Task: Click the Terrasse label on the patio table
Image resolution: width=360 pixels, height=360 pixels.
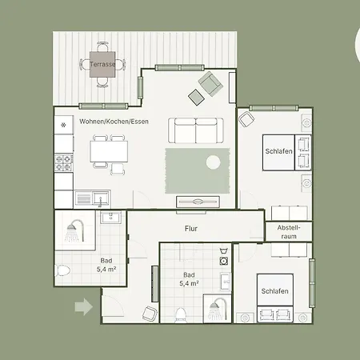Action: point(102,64)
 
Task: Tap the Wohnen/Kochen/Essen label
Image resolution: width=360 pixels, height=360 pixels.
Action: point(114,122)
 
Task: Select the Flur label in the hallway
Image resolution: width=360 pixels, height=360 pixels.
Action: point(191,229)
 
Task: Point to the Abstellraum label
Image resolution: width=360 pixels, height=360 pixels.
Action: point(289,232)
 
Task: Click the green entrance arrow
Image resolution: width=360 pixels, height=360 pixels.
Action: point(84,306)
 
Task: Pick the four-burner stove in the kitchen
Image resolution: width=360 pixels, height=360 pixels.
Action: point(64,163)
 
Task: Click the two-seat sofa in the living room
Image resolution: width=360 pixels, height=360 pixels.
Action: point(196,130)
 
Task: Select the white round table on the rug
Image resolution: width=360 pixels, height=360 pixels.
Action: point(214,162)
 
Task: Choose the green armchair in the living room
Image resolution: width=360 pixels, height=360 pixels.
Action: point(211,83)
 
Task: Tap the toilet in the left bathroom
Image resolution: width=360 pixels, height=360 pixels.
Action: point(62,270)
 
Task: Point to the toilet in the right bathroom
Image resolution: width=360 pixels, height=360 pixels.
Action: point(181,315)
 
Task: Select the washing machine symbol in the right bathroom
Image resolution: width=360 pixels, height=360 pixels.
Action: point(223,261)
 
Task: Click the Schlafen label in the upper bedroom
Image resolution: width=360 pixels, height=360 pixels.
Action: point(278,151)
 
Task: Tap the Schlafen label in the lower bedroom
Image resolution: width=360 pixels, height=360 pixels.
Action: point(274,291)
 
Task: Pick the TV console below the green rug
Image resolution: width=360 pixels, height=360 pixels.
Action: point(198,202)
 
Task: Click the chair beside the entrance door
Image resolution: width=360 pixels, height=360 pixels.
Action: point(150,314)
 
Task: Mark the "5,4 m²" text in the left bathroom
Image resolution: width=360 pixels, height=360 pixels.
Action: point(106,270)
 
